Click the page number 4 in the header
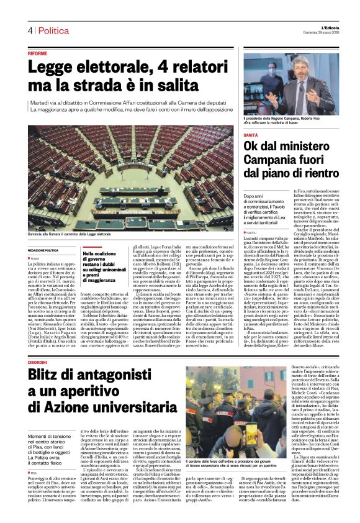(x=29, y=30)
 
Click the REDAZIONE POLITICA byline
(x=43, y=249)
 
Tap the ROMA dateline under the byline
(x=35, y=257)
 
